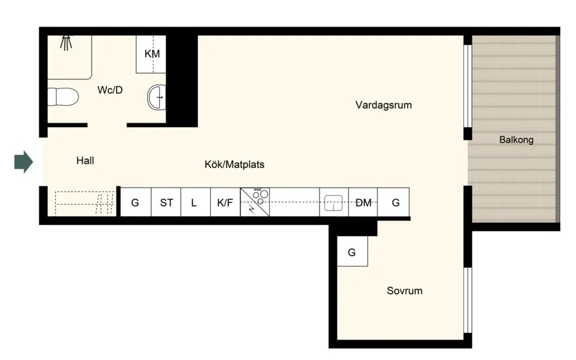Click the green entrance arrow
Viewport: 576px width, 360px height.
pos(24,162)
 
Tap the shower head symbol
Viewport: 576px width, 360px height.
pos(66,43)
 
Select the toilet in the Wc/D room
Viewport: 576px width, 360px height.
pos(63,97)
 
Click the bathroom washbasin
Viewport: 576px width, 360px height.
pos(157,97)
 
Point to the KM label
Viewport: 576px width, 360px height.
pos(152,54)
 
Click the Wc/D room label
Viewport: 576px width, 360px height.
pos(110,90)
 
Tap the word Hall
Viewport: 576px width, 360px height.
pos(85,160)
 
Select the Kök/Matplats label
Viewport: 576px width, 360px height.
pos(234,164)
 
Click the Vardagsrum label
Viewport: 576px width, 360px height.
pos(384,105)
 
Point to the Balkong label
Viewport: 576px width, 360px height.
pos(516,139)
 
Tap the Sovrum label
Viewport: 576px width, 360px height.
pos(404,291)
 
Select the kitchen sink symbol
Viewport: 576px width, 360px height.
pos(334,202)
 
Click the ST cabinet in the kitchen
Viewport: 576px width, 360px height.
pos(166,202)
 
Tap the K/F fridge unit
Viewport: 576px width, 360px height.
pos(225,202)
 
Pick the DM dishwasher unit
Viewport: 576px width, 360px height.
pos(363,202)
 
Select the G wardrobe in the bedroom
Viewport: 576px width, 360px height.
pos(353,251)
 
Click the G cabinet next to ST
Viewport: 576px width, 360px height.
pos(136,202)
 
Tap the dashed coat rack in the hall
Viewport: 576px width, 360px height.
pos(85,202)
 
